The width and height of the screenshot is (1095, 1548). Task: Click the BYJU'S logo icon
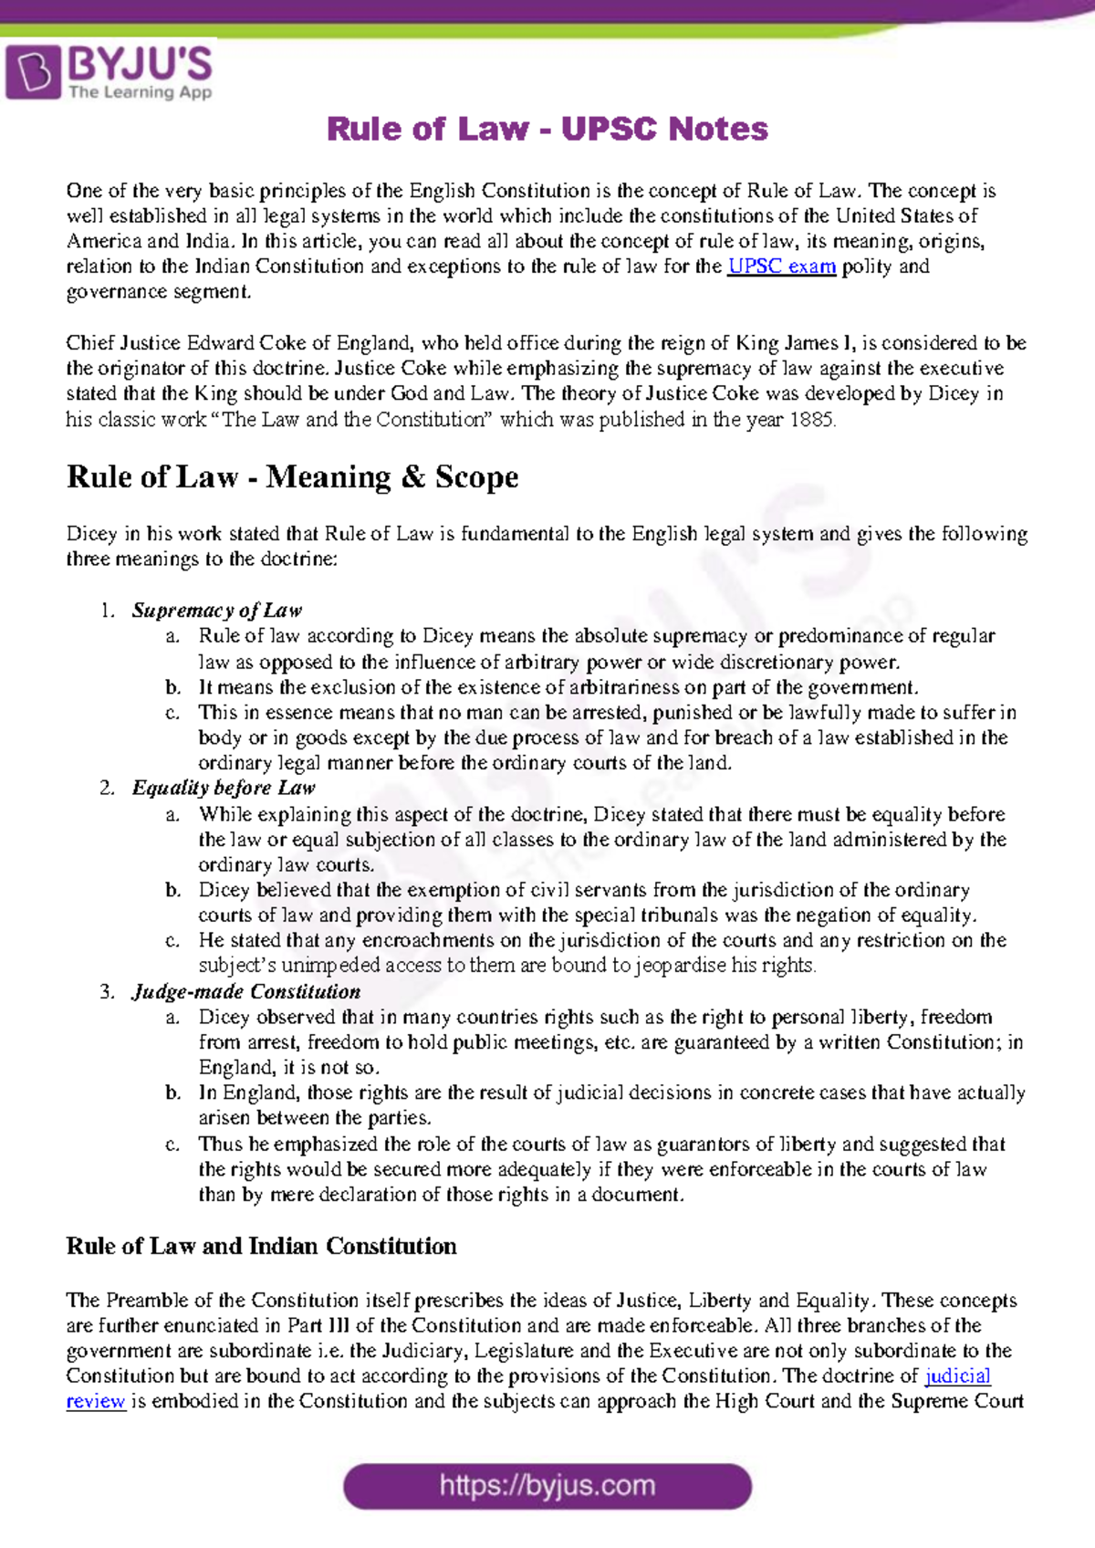(34, 72)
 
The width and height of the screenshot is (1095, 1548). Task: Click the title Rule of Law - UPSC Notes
(547, 130)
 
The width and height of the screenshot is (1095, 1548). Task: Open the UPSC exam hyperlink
(781, 267)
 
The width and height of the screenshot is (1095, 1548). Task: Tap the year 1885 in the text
(811, 420)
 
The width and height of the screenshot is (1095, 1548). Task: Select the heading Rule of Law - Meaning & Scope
(292, 477)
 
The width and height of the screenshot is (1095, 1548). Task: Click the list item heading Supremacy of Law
(216, 611)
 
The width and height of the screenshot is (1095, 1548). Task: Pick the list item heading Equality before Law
(224, 788)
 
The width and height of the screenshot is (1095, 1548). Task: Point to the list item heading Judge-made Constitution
(246, 992)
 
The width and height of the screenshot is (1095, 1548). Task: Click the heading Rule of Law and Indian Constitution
(261, 1247)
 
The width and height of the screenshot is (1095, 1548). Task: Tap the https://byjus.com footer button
(547, 1486)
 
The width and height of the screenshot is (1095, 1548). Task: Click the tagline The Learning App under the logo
(140, 92)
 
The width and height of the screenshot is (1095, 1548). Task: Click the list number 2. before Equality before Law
(107, 788)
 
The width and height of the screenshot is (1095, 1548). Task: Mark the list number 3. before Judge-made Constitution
(107, 992)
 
